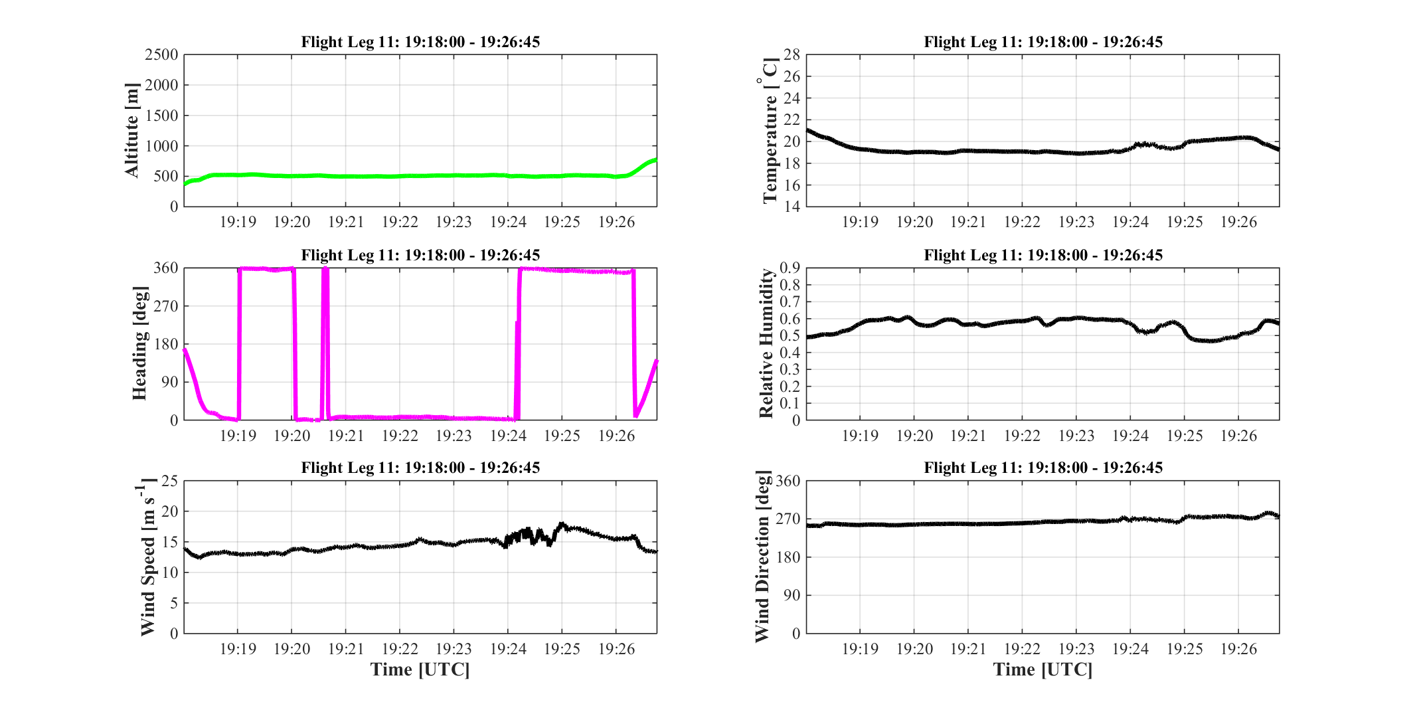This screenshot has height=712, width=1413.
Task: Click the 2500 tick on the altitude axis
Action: tap(161, 54)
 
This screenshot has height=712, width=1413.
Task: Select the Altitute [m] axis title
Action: tap(132, 130)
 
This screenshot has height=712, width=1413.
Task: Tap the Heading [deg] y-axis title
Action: tap(139, 343)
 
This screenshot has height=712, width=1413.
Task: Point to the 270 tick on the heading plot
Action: tap(166, 306)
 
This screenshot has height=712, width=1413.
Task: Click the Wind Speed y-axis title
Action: tap(147, 557)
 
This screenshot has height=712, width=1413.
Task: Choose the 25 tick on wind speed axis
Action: tap(170, 481)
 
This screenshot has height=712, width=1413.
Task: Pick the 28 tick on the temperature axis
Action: tap(792, 54)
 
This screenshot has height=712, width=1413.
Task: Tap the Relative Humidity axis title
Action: tap(766, 343)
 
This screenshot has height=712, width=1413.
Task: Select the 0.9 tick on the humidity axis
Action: tap(790, 268)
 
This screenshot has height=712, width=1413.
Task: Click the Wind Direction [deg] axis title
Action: tap(764, 557)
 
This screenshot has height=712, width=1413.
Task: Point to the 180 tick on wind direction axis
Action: tap(788, 557)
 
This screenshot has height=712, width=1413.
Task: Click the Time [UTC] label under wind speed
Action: tap(420, 669)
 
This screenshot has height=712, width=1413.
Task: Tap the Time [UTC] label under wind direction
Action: tap(1043, 669)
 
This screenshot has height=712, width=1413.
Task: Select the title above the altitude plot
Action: tap(420, 42)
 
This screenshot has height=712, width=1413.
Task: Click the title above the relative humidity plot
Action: tap(1043, 255)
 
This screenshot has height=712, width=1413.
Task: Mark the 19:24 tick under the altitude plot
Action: tap(508, 222)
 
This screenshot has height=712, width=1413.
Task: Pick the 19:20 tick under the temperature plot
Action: tap(914, 222)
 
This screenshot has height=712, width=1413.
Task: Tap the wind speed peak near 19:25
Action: tap(562, 524)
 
